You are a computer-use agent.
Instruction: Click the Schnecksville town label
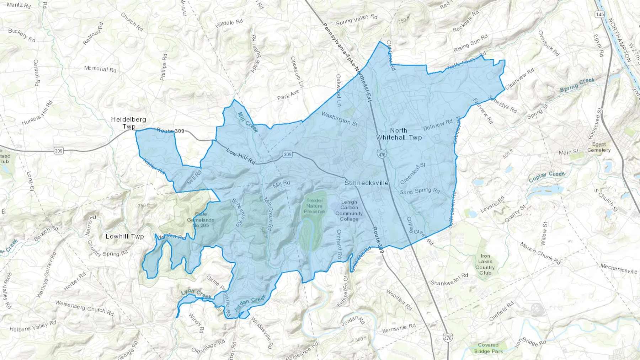click(x=366, y=183)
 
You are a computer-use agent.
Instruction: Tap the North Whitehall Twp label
click(x=399, y=134)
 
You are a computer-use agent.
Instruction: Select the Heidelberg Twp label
click(x=128, y=123)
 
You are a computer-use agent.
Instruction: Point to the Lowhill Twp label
click(x=124, y=236)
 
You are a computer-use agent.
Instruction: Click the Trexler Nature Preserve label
click(x=314, y=206)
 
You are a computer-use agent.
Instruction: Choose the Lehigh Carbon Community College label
click(x=349, y=210)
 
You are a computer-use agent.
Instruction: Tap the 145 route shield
click(x=599, y=15)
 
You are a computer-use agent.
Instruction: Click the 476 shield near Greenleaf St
click(x=382, y=155)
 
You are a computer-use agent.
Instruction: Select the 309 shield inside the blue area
click(x=287, y=154)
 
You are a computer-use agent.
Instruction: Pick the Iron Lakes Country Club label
click(x=485, y=264)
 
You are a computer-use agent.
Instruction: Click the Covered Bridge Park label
click(x=488, y=348)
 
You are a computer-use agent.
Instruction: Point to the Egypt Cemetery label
click(x=599, y=147)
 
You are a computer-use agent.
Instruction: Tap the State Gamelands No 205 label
click(x=201, y=220)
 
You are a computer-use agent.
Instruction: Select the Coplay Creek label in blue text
click(x=546, y=176)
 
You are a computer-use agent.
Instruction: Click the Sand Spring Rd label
click(x=420, y=191)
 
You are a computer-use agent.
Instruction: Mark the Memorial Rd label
click(x=100, y=69)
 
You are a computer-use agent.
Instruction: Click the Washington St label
click(x=339, y=119)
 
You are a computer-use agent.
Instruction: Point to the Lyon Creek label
click(x=196, y=294)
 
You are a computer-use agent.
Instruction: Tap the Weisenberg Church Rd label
click(x=84, y=308)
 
